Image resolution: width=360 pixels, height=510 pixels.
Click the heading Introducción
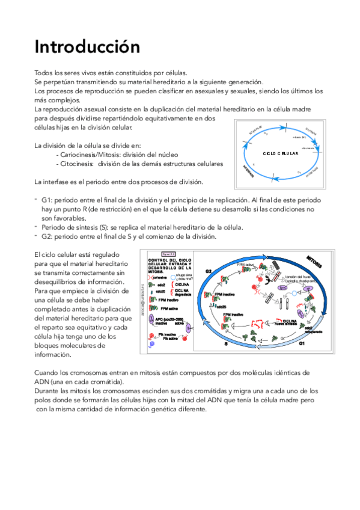pos(87,46)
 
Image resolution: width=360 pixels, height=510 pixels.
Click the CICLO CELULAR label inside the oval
pos(281,153)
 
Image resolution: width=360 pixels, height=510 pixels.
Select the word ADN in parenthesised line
pos(43,382)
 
